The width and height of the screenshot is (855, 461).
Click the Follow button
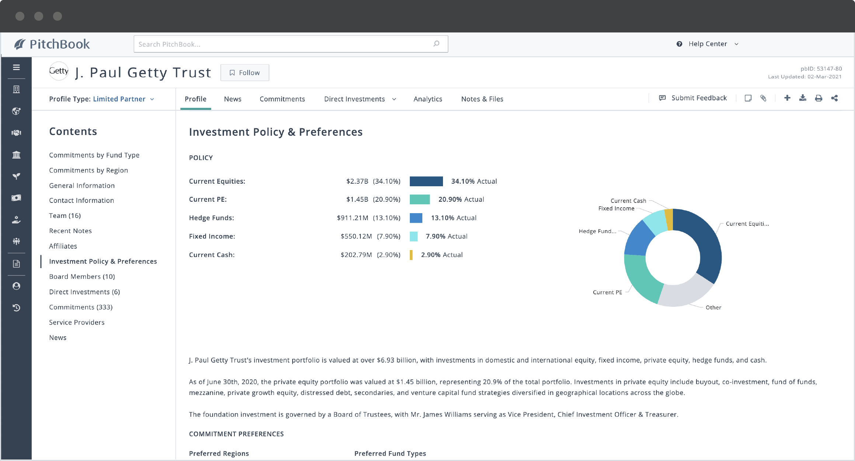coord(245,73)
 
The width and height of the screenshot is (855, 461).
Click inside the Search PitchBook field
coord(284,44)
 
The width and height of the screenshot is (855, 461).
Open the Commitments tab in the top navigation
coord(282,99)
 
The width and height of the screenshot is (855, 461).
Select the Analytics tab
coord(427,99)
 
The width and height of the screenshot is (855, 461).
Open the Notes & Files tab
coord(482,99)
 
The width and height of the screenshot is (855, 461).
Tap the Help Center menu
coord(708,44)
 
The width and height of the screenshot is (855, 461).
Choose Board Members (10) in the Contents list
coord(82,277)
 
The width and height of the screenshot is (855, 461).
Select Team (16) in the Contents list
coord(65,216)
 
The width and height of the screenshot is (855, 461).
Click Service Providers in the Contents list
coord(77,322)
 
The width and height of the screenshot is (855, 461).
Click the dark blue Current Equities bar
coord(426,181)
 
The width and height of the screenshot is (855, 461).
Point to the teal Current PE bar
coord(419,200)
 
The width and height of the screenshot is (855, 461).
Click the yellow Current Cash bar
coord(411,255)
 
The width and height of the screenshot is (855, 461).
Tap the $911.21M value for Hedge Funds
coord(352,218)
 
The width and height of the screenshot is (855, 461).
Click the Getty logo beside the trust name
coord(59,71)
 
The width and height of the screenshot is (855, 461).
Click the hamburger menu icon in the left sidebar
coord(16,67)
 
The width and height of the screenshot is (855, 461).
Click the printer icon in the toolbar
coord(818,98)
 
